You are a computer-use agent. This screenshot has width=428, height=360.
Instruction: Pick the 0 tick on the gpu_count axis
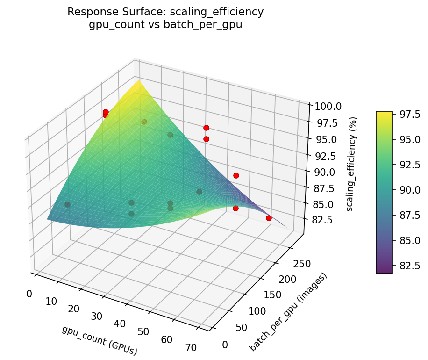29,294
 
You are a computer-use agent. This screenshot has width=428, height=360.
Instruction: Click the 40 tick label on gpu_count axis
120,324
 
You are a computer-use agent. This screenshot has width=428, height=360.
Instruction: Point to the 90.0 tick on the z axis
322,172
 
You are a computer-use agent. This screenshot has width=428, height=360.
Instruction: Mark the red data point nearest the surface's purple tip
269,218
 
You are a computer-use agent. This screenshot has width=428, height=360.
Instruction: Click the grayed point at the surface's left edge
67,204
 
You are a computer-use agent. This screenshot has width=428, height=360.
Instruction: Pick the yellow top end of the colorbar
384,113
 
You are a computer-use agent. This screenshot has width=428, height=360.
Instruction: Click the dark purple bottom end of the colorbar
384,271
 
